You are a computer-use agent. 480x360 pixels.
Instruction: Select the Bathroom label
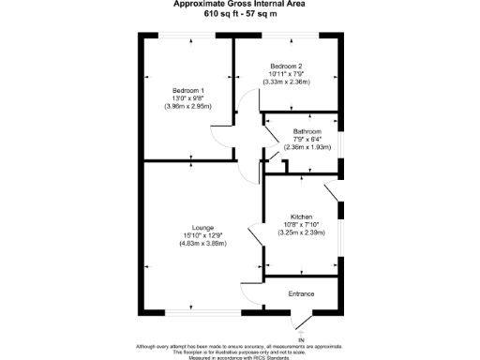pos(307,131)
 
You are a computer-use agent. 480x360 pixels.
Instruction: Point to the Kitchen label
pos(303,217)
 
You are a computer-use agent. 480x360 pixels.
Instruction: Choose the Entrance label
pos(301,294)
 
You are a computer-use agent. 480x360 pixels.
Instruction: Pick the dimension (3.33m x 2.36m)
pos(287,82)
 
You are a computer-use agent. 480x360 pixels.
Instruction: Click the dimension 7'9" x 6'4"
pos(307,139)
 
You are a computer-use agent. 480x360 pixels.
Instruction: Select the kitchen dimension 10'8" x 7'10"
pos(303,224)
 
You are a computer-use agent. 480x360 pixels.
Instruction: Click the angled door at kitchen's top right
pos(334,192)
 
